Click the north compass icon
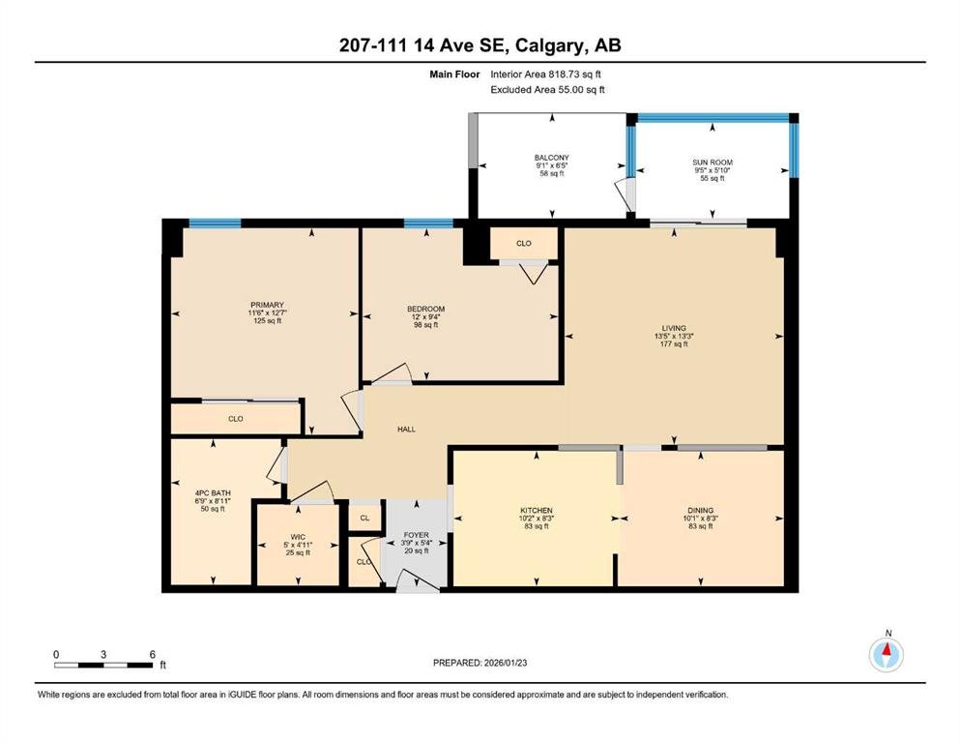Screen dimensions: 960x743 pyautogui.click(x=887, y=655)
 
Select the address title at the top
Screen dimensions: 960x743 pyautogui.click(x=480, y=45)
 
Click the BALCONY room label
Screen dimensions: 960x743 pyautogui.click(x=552, y=158)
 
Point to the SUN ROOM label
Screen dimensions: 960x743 pyautogui.click(x=713, y=163)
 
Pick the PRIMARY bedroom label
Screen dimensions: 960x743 pyautogui.click(x=267, y=305)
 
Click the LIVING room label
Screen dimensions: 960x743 pyautogui.click(x=674, y=328)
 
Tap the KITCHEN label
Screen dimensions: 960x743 pyautogui.click(x=537, y=510)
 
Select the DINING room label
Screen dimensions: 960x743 pyautogui.click(x=700, y=510)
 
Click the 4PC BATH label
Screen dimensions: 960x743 pyautogui.click(x=213, y=493)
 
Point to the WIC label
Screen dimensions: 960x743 pyautogui.click(x=298, y=537)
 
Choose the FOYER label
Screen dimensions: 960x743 pyautogui.click(x=417, y=535)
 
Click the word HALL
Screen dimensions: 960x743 pyautogui.click(x=407, y=430)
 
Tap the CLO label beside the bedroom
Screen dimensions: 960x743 pyautogui.click(x=523, y=243)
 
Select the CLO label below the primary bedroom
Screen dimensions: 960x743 pyautogui.click(x=236, y=419)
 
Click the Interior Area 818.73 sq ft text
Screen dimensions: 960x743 pyautogui.click(x=545, y=74)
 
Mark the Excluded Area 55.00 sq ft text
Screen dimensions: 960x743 pyautogui.click(x=547, y=89)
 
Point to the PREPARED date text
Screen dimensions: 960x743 pyautogui.click(x=480, y=663)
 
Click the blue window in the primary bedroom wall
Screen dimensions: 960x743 pyautogui.click(x=215, y=223)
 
